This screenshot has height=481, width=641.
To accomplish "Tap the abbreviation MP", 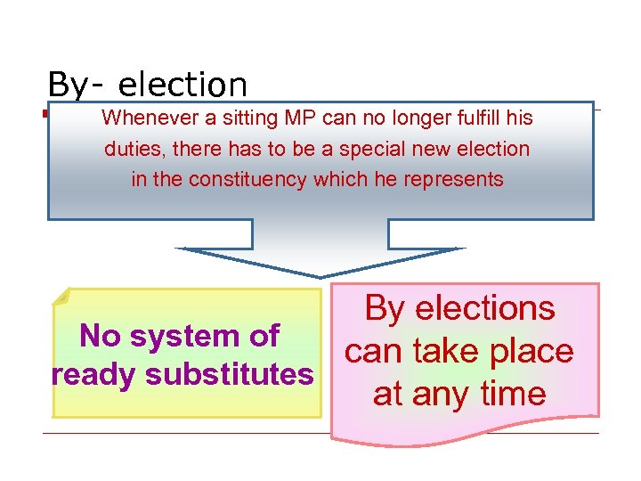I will point(303,118).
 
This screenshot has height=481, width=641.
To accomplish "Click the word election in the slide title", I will point(183,86).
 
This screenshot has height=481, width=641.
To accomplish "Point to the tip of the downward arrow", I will point(320,276).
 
